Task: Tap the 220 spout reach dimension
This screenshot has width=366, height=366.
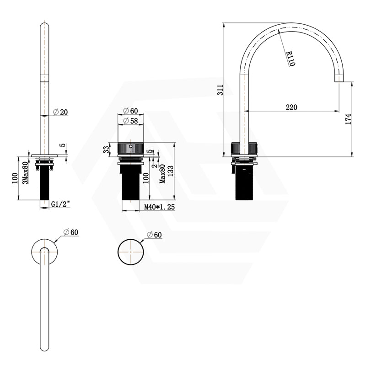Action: coord(291,107)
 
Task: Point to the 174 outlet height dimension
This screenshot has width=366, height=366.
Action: coord(349,118)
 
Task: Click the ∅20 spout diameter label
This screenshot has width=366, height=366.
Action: coord(60,112)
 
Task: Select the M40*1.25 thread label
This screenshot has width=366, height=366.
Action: coord(160,207)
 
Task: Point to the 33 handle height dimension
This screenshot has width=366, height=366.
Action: coord(107,150)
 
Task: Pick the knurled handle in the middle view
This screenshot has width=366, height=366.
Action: coord(131,150)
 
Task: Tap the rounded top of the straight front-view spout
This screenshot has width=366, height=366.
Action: coord(45,26)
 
